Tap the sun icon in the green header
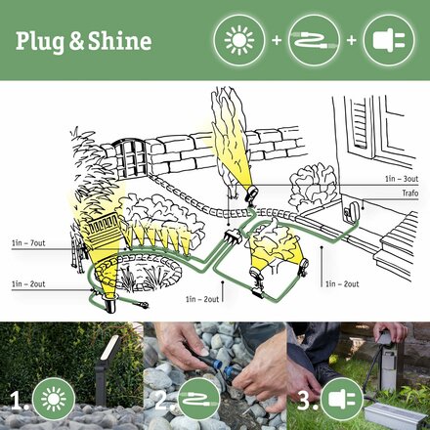(x=237, y=41)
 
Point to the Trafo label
(x=410, y=193)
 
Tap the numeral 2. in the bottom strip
(x=161, y=400)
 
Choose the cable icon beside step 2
(x=194, y=399)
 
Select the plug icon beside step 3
(x=337, y=399)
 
